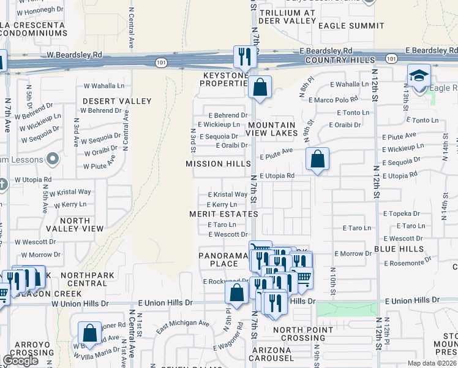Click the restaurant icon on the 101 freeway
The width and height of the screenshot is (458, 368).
pyautogui.click(x=244, y=56)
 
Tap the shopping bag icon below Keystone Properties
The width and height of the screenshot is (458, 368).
pyautogui.click(x=260, y=87)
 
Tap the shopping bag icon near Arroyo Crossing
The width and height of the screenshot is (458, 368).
pyautogui.click(x=90, y=334)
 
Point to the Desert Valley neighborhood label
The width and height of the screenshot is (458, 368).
pyautogui.click(x=117, y=101)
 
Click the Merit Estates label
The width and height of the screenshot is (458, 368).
pyautogui.click(x=223, y=213)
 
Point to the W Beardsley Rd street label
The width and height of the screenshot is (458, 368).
pyautogui.click(x=75, y=55)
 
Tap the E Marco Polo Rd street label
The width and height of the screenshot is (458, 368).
pyautogui.click(x=334, y=99)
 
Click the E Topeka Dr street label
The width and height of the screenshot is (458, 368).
pyautogui.click(x=402, y=214)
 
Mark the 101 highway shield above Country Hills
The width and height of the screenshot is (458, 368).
pyautogui.click(x=391, y=58)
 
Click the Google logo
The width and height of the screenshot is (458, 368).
pyautogui.click(x=21, y=361)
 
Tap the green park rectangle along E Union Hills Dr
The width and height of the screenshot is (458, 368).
pyautogui.click(x=347, y=309)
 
